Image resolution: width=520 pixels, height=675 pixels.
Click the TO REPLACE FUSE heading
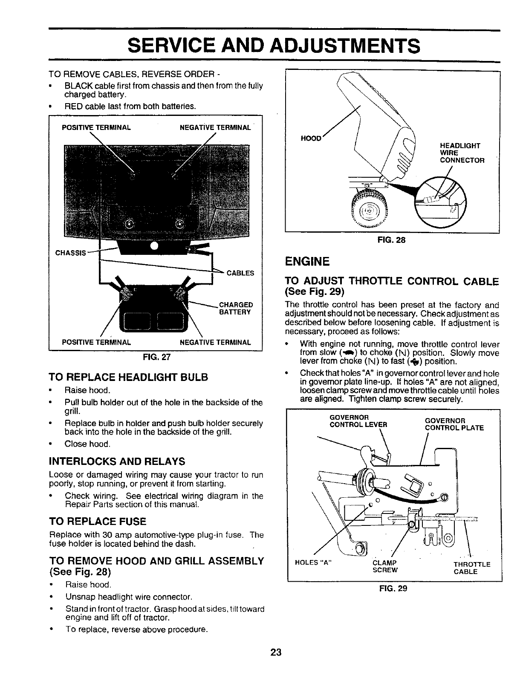(98, 521)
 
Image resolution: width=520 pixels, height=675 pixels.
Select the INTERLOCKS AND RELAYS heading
(117, 461)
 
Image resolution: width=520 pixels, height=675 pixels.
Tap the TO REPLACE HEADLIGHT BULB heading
(129, 377)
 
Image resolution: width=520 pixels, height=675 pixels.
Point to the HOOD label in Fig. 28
(310, 138)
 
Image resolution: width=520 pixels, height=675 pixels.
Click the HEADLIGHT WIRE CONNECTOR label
(456, 153)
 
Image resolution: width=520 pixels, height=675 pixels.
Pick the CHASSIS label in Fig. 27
(70, 252)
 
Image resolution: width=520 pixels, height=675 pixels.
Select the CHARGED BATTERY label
(236, 308)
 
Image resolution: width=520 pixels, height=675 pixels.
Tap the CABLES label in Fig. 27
(240, 273)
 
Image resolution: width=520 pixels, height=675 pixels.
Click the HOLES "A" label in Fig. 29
(313, 563)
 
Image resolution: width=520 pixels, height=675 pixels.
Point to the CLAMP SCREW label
(385, 566)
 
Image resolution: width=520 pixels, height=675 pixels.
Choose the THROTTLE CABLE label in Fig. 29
(472, 568)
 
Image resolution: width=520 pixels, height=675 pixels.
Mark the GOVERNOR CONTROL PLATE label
(454, 424)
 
